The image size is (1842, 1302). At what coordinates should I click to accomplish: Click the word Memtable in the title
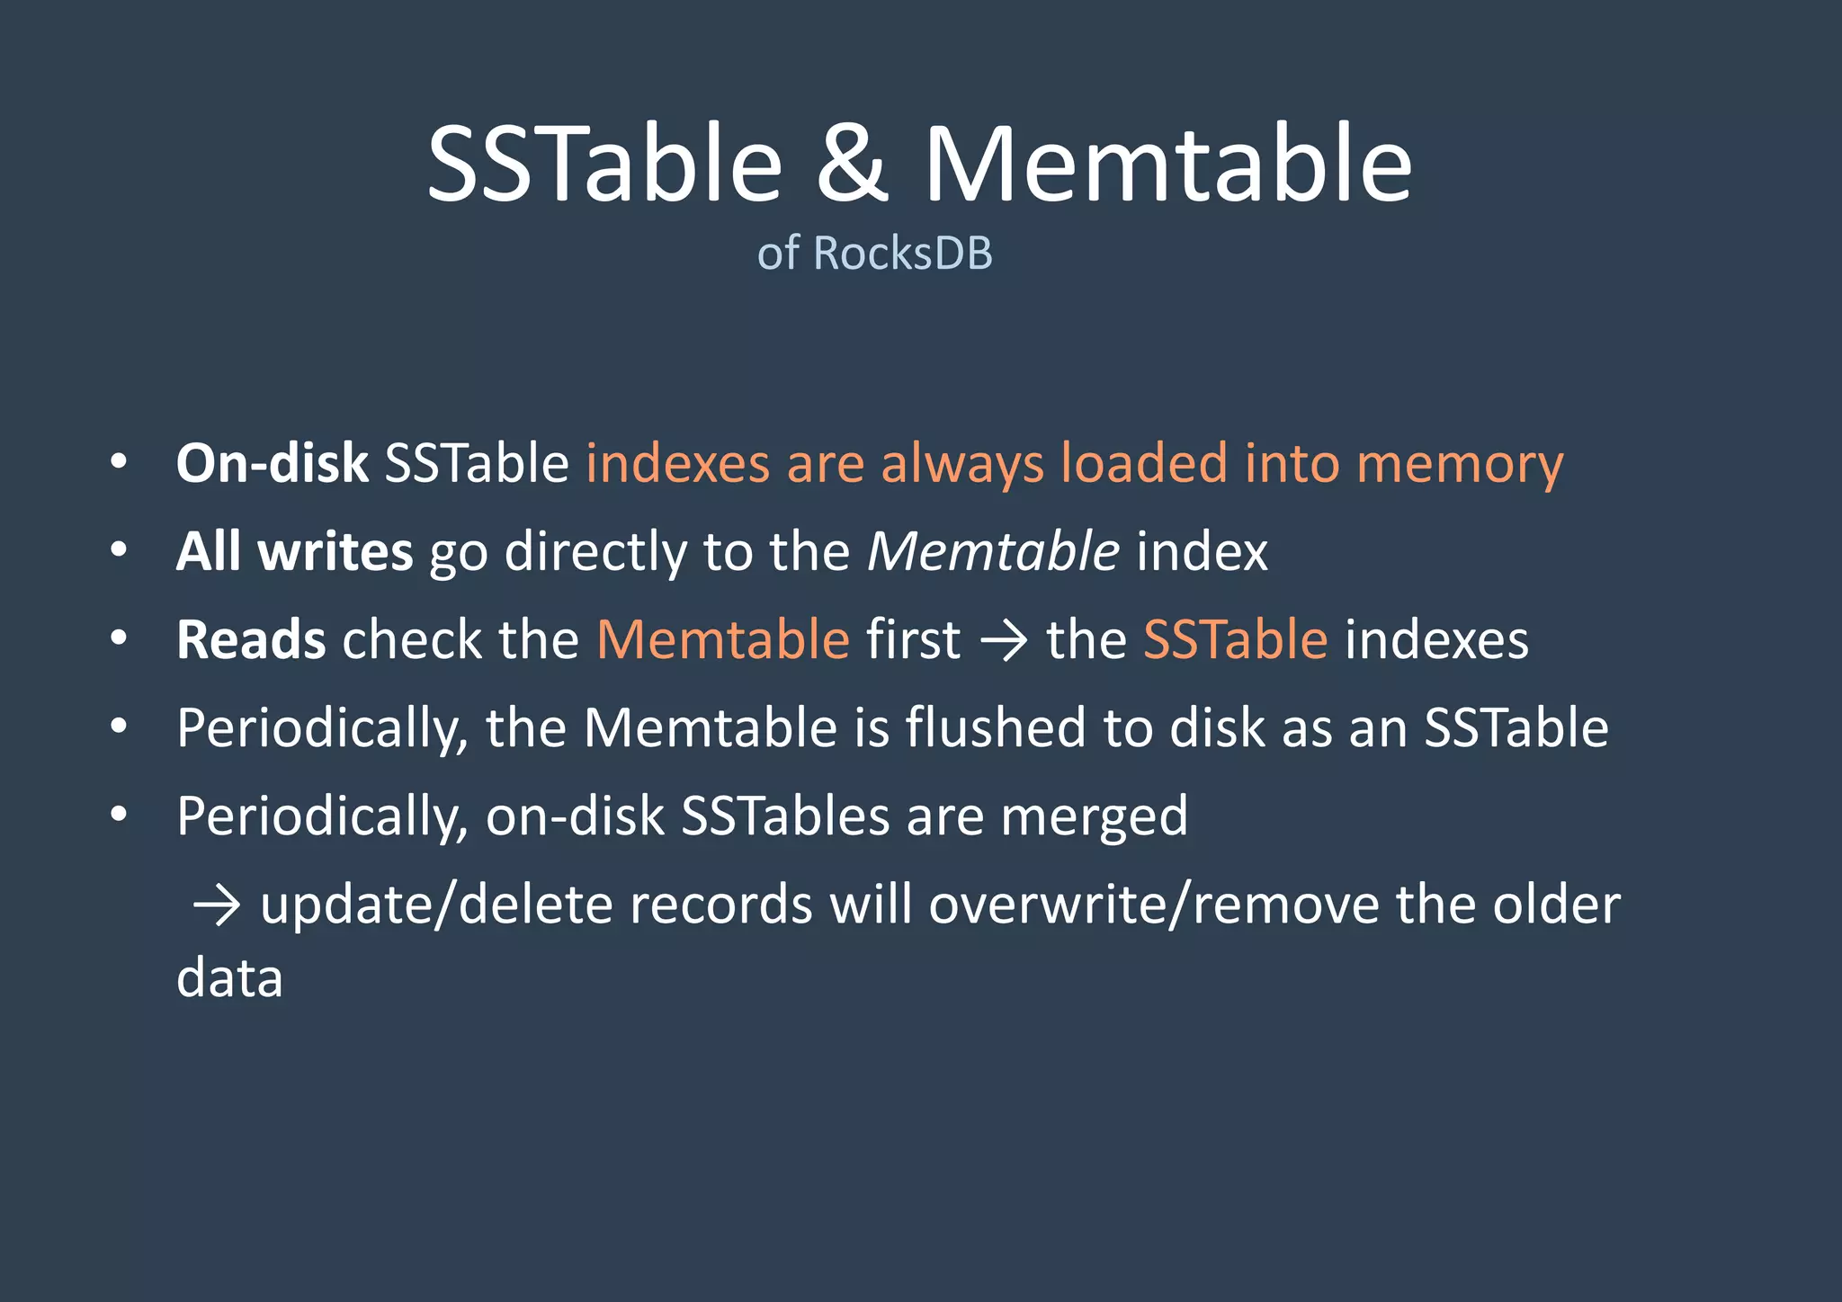pyautogui.click(x=1167, y=164)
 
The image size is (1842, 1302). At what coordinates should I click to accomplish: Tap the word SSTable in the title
pyautogui.click(x=604, y=164)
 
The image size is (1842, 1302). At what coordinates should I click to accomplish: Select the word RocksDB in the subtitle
pyautogui.click(x=902, y=253)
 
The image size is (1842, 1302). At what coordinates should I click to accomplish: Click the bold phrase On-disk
pyautogui.click(x=272, y=464)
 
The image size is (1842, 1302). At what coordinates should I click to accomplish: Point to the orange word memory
pyautogui.click(x=1460, y=464)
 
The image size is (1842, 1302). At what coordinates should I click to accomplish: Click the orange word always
pyautogui.click(x=962, y=464)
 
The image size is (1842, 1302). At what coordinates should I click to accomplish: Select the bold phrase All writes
pyautogui.click(x=294, y=551)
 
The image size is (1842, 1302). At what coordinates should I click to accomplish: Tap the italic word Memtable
pyautogui.click(x=993, y=551)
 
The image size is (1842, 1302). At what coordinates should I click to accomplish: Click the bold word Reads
pyautogui.click(x=251, y=639)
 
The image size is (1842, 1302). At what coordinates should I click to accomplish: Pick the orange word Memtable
pyautogui.click(x=723, y=639)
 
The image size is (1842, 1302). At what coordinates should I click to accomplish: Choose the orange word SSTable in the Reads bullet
pyautogui.click(x=1235, y=639)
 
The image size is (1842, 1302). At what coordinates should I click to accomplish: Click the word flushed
pyautogui.click(x=996, y=727)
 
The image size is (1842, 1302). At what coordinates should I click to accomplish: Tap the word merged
pyautogui.click(x=1094, y=816)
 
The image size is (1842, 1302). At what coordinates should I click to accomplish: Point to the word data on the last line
pyautogui.click(x=229, y=977)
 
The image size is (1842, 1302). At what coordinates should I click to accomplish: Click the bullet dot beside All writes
pyautogui.click(x=119, y=549)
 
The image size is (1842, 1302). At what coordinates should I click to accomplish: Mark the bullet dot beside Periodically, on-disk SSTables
pyautogui.click(x=119, y=814)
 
